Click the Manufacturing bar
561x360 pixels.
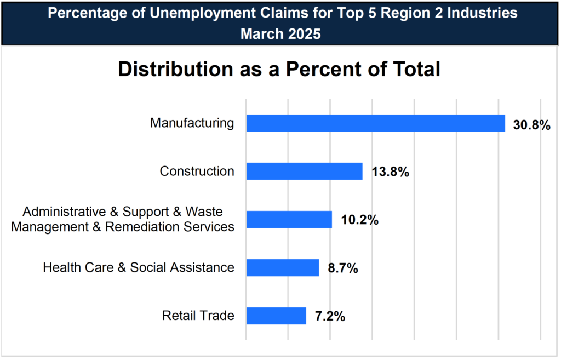click(x=375, y=123)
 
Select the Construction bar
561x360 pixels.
click(x=304, y=172)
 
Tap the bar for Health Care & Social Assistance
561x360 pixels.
click(x=282, y=268)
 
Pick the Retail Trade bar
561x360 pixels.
click(x=276, y=316)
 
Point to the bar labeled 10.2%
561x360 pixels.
click(x=289, y=220)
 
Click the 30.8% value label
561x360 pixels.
click(x=531, y=125)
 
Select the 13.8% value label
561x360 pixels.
click(x=391, y=173)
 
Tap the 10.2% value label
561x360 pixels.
click(x=360, y=221)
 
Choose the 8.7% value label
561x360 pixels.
click(x=343, y=269)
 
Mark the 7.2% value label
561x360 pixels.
click(x=330, y=317)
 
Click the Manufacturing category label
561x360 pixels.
click(x=192, y=123)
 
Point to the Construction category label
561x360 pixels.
click(x=197, y=172)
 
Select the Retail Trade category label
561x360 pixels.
click(x=198, y=316)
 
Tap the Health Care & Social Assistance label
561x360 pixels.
click(x=139, y=268)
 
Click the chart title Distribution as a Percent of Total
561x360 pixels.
click(x=279, y=70)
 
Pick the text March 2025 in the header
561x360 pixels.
click(x=280, y=33)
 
